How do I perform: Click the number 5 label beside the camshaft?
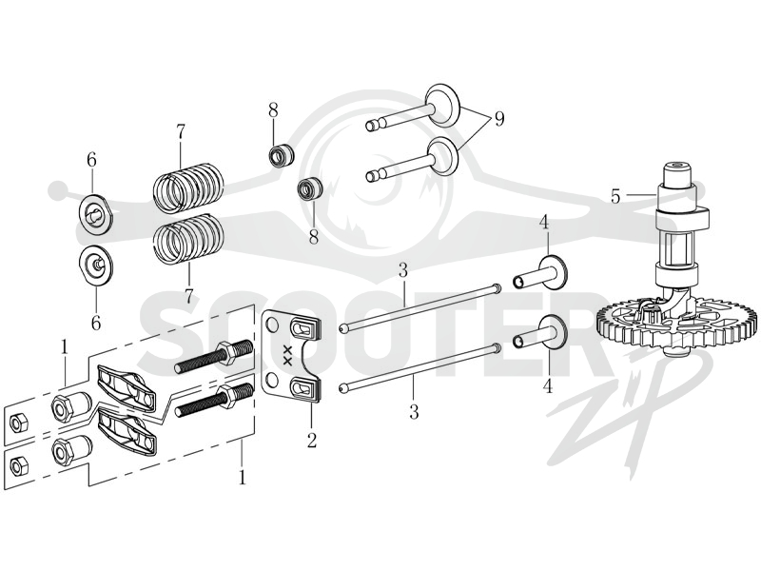615,197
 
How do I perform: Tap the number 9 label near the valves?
499,119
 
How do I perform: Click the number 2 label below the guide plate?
311,440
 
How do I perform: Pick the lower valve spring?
189,238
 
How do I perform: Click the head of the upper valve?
442,103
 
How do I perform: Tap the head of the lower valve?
443,156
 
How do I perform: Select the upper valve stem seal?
282,154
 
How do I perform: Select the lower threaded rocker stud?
213,400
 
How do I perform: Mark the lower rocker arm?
127,430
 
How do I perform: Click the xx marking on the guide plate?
287,356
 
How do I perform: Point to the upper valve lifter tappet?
540,274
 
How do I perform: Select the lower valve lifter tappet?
540,334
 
